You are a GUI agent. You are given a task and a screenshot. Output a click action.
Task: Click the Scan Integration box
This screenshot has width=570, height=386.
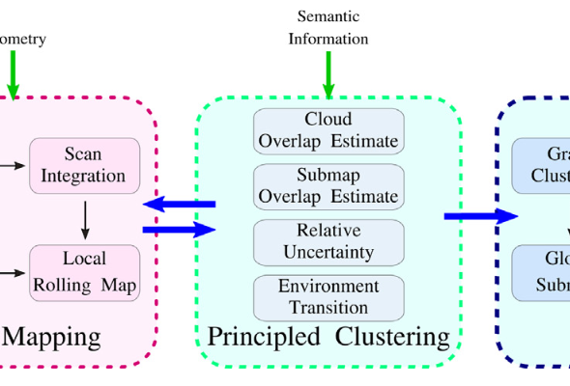tap(84, 165)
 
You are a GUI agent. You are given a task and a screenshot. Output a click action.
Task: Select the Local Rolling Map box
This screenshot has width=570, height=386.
tap(84, 272)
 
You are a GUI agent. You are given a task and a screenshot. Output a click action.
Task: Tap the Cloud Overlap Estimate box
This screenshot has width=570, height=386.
tap(328, 131)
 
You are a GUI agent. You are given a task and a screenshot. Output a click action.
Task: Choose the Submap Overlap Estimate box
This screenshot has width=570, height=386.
tap(328, 186)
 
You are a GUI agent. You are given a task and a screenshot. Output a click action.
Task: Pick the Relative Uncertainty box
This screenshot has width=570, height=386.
tap(328, 242)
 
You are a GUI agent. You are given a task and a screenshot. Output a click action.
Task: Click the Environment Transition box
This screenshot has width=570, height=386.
tap(328, 297)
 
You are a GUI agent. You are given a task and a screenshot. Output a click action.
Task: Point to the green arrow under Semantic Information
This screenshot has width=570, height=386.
tap(328, 72)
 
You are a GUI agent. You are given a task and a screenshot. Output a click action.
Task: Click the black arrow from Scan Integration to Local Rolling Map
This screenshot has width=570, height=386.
tap(85, 219)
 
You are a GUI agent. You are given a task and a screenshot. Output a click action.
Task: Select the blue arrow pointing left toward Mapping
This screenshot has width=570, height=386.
tap(179, 204)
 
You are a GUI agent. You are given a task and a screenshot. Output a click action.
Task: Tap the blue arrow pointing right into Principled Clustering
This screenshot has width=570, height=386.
tap(179, 230)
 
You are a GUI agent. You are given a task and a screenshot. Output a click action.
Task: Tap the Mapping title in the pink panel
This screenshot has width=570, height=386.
tap(52, 337)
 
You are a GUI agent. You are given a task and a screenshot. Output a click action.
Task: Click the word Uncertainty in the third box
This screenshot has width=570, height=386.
tap(328, 252)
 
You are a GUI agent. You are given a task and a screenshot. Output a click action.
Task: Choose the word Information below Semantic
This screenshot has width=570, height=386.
tap(328, 40)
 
